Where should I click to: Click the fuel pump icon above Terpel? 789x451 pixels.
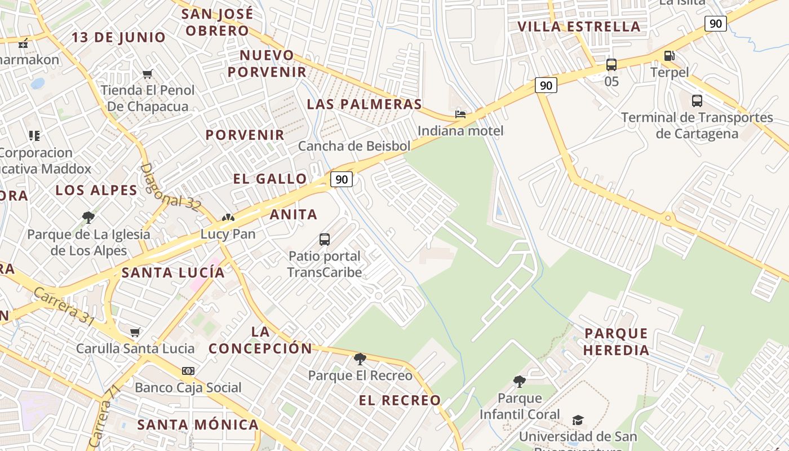click(x=670, y=55)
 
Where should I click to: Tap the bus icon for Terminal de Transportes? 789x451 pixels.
click(x=697, y=101)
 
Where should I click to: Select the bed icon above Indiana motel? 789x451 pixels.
click(x=460, y=114)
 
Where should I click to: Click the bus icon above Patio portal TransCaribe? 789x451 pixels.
click(x=325, y=239)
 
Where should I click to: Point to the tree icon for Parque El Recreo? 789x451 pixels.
click(x=360, y=359)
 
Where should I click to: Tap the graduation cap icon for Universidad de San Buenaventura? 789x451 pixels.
click(x=578, y=420)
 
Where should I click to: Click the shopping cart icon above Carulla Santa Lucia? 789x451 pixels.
click(x=135, y=332)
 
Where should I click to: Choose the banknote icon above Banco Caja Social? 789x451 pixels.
click(x=188, y=370)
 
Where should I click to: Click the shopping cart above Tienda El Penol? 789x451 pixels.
click(x=148, y=74)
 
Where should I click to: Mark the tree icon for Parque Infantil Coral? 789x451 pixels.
click(x=520, y=382)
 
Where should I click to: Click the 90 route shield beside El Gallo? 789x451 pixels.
click(x=342, y=179)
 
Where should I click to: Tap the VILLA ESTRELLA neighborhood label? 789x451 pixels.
click(x=579, y=26)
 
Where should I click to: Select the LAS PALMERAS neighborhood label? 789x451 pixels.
click(x=364, y=104)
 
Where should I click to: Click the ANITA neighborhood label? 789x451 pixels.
click(x=293, y=215)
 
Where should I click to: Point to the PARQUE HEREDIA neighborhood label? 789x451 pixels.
click(x=616, y=342)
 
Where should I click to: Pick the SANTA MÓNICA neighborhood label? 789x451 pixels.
click(x=198, y=425)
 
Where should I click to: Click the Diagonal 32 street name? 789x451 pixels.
click(x=169, y=188)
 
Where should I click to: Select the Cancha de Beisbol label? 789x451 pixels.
click(x=354, y=146)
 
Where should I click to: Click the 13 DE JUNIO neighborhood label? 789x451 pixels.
click(x=119, y=38)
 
